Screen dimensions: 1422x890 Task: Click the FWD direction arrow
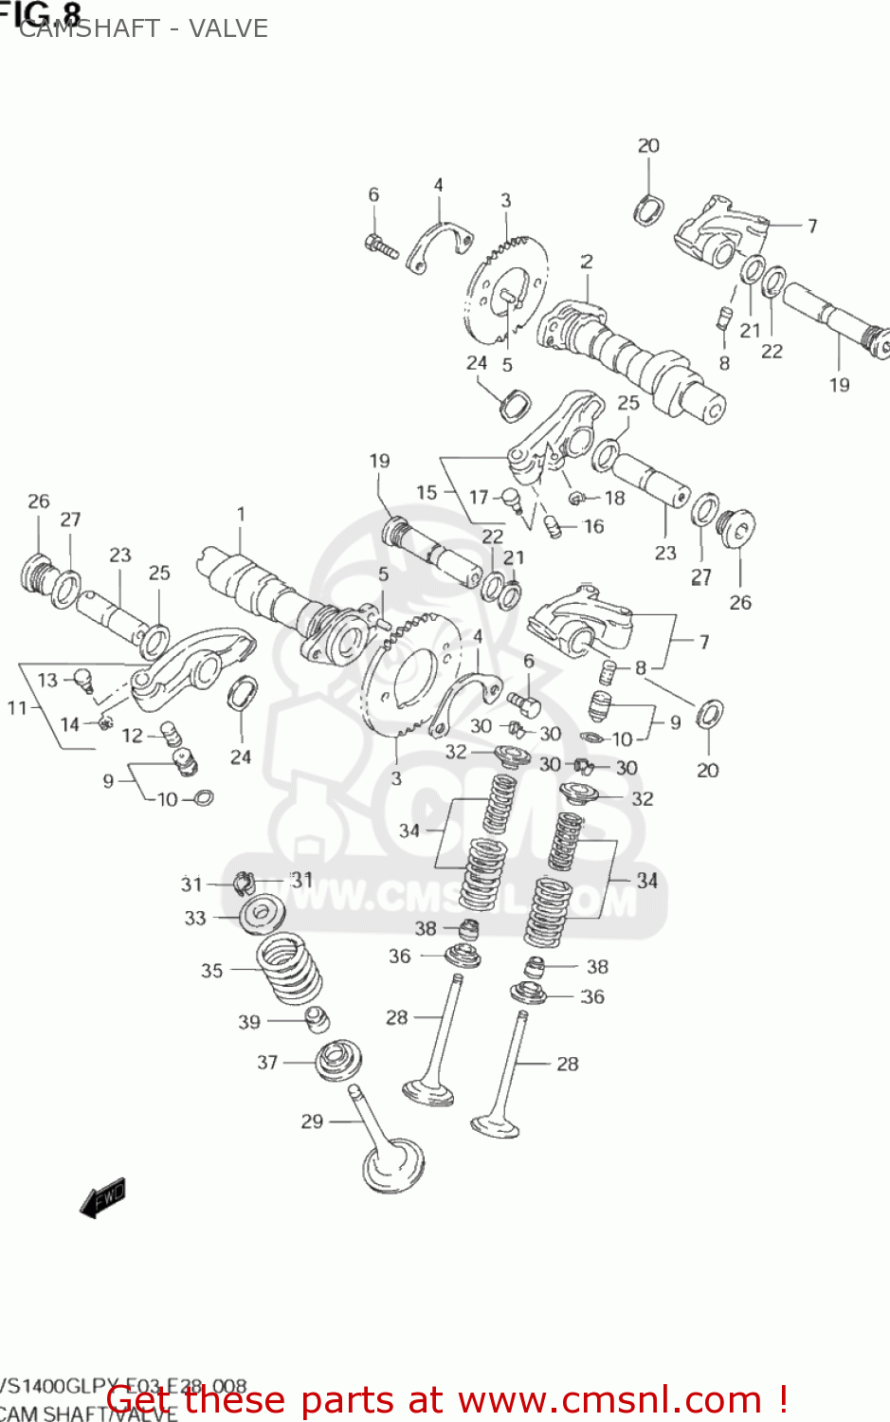point(103,1197)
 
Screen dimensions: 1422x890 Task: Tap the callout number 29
point(312,1121)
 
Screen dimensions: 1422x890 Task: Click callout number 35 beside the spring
point(211,971)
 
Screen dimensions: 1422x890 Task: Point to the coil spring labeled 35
point(289,967)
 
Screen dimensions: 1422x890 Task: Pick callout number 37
point(267,1063)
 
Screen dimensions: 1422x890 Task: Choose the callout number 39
point(248,1022)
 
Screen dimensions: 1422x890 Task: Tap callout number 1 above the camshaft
point(241,514)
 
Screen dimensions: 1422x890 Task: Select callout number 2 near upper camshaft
point(587,262)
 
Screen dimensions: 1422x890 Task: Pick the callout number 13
point(47,680)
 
